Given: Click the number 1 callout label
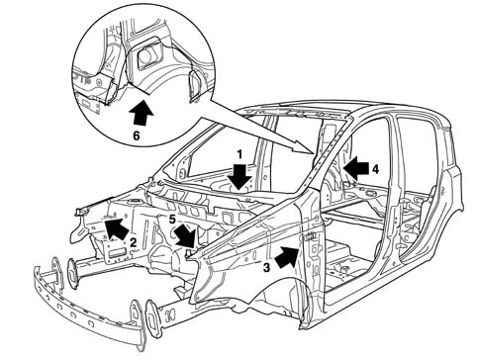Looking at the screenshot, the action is tap(240, 154).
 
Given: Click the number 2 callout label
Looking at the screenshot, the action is tap(134, 243).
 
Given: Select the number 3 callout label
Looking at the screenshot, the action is tap(266, 267).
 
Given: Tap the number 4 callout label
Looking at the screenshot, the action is tap(375, 169).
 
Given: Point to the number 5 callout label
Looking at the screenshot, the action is tap(171, 220).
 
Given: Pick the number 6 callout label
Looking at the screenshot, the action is tap(137, 135).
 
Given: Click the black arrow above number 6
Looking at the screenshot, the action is tap(142, 113).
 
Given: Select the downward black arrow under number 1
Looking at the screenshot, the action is tap(240, 177).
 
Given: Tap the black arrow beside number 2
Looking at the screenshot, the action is tap(116, 229).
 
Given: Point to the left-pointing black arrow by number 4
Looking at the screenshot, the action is tap(355, 168).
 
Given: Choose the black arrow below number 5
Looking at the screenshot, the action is tap(185, 235).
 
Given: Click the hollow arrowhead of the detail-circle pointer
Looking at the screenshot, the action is tap(303, 147).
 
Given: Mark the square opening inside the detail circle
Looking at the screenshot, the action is tap(149, 54).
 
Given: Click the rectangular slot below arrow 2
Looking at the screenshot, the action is tap(117, 254).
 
